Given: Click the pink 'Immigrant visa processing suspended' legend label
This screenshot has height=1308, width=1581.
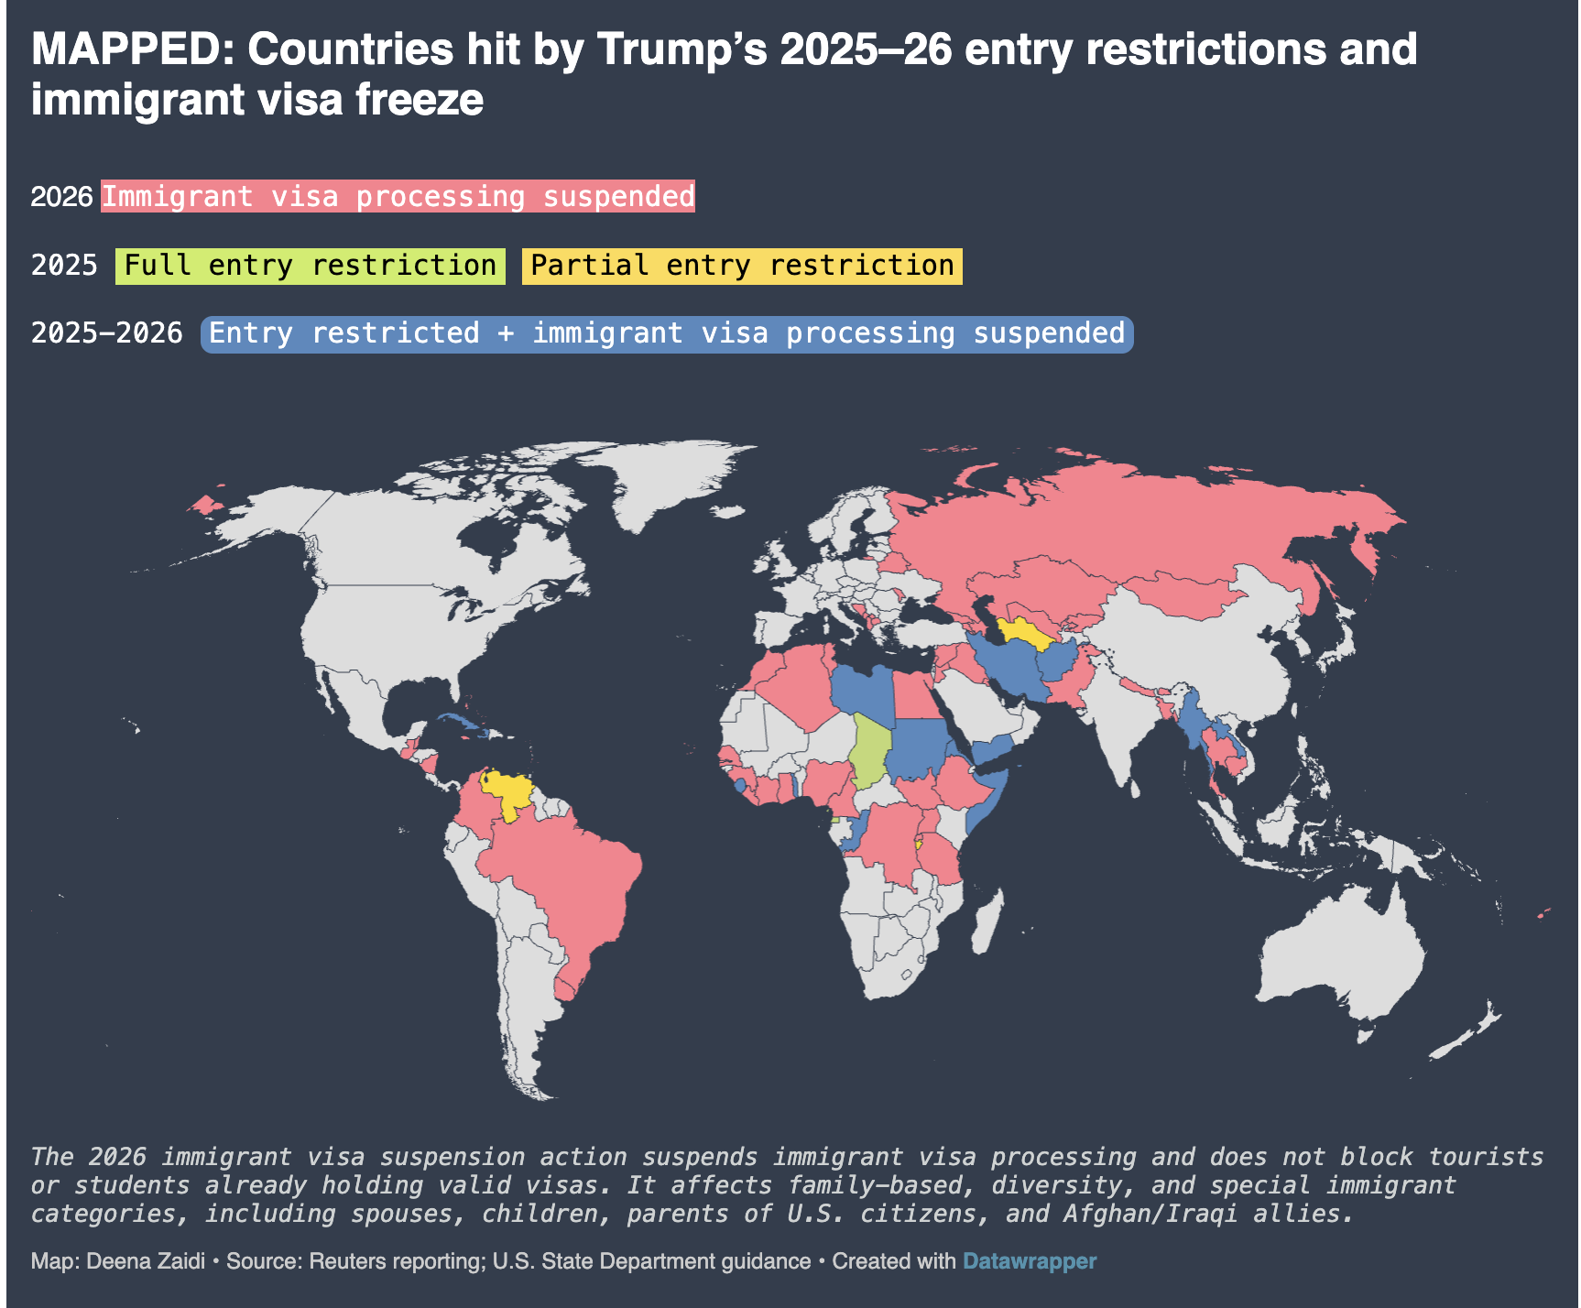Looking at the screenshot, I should pos(398,197).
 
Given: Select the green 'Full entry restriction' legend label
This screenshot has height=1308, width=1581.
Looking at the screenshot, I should pos(310,266).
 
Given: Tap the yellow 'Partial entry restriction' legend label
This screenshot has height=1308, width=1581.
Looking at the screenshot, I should pos(742,266).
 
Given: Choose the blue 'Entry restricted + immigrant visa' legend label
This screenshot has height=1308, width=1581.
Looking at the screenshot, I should pos(667,333).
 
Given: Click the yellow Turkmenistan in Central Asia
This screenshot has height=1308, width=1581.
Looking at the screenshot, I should pos(1022,631).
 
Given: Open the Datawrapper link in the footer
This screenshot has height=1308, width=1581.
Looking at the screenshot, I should pos(1029,1261).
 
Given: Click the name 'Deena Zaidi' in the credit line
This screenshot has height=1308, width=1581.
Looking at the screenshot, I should pos(146,1261).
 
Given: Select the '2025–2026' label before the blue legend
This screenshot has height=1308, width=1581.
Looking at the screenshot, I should pos(107,333).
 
